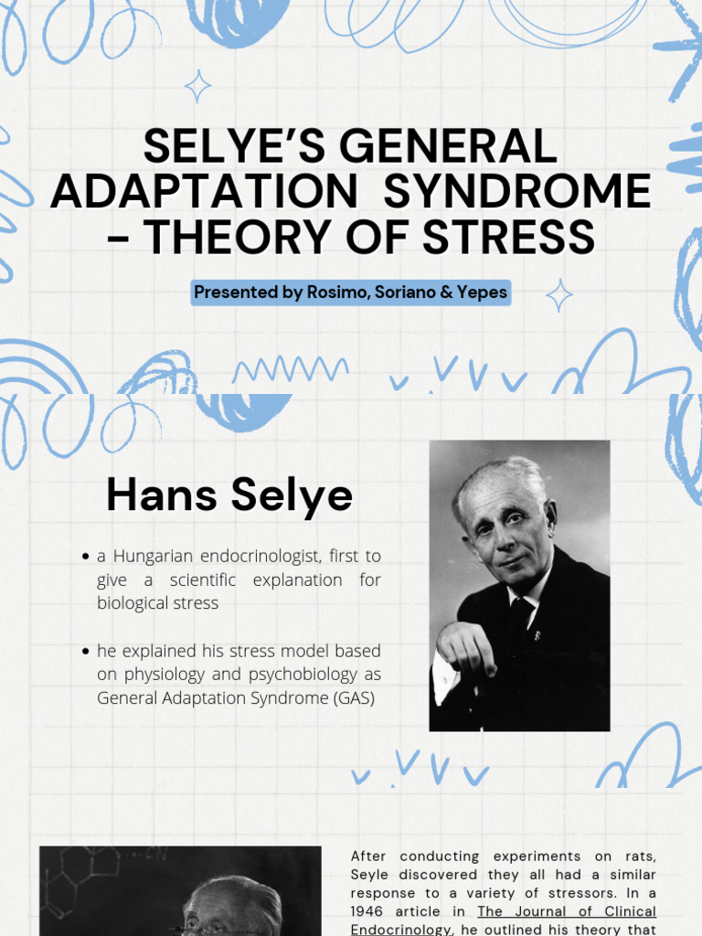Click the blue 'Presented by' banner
pyautogui.click(x=351, y=292)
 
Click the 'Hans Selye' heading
pyautogui.click(x=229, y=495)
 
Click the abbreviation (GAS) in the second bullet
pyautogui.click(x=352, y=698)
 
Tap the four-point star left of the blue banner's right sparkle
pyautogui.click(x=558, y=295)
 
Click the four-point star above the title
pyautogui.click(x=197, y=87)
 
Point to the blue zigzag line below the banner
pyautogui.click(x=290, y=369)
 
